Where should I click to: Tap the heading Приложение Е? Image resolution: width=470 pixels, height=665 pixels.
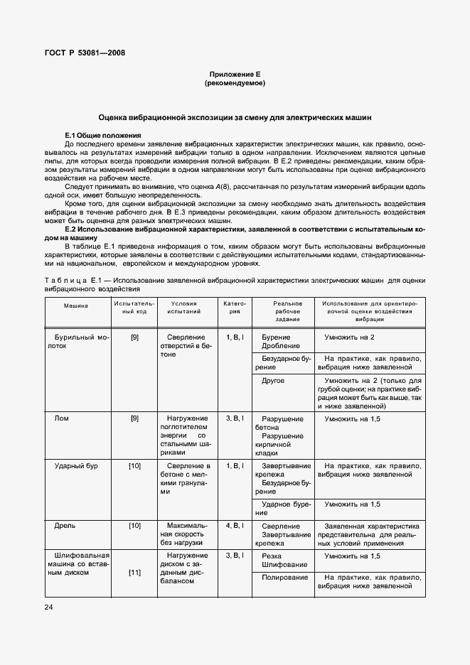(234, 74)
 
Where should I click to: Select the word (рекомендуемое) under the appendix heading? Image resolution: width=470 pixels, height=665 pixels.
(234, 83)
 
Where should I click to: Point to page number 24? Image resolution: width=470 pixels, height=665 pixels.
(48, 607)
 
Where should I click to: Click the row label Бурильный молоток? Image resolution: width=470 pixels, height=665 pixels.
(75, 341)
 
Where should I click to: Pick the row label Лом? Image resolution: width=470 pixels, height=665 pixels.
(62, 418)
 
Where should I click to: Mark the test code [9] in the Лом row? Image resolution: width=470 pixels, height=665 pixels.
(134, 418)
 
